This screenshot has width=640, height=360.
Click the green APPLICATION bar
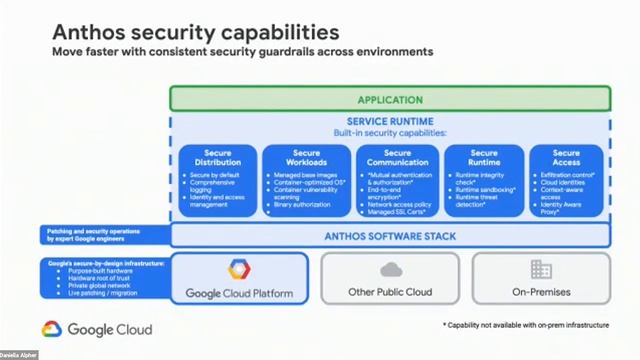[390, 99]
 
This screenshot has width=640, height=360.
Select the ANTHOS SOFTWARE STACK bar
[390, 236]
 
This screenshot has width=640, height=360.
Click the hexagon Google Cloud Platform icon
[238, 270]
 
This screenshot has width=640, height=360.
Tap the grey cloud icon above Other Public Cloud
[390, 269]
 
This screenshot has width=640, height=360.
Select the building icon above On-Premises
[541, 269]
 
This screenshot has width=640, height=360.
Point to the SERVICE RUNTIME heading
[390, 122]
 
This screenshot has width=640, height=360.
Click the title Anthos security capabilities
[195, 33]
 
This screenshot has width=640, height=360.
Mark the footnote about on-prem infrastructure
[525, 326]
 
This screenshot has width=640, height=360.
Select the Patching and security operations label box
[104, 234]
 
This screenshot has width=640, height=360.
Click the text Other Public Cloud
[390, 293]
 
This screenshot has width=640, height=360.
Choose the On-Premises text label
[541, 293]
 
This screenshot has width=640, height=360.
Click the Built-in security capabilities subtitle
[390, 133]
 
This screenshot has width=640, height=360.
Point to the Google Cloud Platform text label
[238, 294]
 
